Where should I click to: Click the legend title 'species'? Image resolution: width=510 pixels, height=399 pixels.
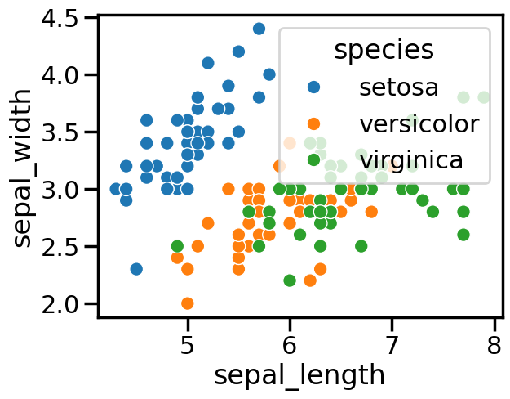(384, 50)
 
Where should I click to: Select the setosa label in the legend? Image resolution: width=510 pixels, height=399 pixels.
(399, 86)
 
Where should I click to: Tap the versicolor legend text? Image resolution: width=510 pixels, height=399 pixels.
(419, 123)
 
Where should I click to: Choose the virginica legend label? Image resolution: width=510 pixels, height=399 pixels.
(411, 159)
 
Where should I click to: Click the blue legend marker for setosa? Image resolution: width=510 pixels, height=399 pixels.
(313, 86)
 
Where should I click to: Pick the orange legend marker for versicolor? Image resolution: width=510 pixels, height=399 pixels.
(313, 123)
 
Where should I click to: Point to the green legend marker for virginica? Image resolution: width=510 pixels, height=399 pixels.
(313, 159)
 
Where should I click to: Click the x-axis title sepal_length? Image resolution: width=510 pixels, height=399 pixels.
(299, 375)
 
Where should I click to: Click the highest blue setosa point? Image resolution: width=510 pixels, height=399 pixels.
(259, 29)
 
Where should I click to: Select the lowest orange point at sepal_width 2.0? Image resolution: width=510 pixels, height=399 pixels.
(188, 303)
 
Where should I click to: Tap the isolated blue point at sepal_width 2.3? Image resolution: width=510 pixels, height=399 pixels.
(136, 269)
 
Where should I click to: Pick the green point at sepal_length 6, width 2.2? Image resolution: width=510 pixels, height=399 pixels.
(290, 280)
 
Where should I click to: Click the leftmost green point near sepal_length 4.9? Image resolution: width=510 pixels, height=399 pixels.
(177, 246)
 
